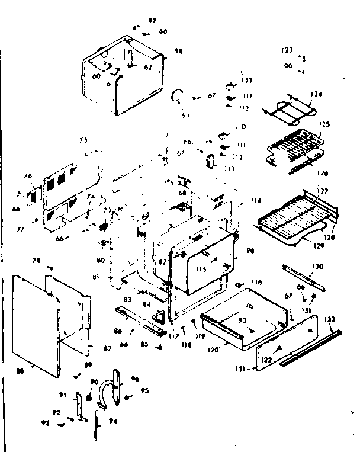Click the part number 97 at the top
click(152, 21)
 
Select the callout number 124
click(317, 94)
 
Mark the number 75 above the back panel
click(83, 140)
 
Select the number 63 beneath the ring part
click(185, 114)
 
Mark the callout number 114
click(255, 200)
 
